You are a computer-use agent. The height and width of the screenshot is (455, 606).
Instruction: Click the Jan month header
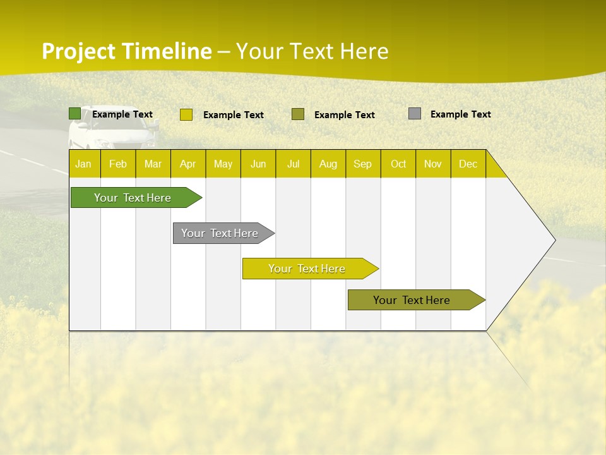(84, 164)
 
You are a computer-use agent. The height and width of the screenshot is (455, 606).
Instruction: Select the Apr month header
(188, 164)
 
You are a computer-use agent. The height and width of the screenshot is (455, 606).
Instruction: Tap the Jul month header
(293, 164)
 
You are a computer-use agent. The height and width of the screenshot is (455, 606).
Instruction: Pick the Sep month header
(363, 164)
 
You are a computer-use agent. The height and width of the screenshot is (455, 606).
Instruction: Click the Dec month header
(468, 164)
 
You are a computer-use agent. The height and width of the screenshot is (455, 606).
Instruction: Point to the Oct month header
(398, 164)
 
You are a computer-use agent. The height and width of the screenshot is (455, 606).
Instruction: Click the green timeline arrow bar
(133, 198)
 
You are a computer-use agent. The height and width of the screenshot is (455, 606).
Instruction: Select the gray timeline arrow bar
(220, 233)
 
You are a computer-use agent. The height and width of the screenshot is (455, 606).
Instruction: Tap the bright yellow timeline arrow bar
(307, 269)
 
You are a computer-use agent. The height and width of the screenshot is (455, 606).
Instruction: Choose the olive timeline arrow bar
(412, 300)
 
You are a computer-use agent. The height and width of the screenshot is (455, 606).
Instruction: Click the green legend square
(74, 114)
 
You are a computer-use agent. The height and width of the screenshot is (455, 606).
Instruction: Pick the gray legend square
(415, 114)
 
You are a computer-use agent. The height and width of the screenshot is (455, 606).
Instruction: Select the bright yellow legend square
(186, 114)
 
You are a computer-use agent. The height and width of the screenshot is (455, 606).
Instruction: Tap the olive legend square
(298, 114)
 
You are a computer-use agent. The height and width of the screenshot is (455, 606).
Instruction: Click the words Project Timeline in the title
(126, 51)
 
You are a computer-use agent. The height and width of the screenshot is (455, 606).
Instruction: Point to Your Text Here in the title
(312, 51)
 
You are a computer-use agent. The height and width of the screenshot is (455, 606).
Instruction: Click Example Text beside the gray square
(460, 114)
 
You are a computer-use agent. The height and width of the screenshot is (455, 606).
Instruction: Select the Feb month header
(118, 164)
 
